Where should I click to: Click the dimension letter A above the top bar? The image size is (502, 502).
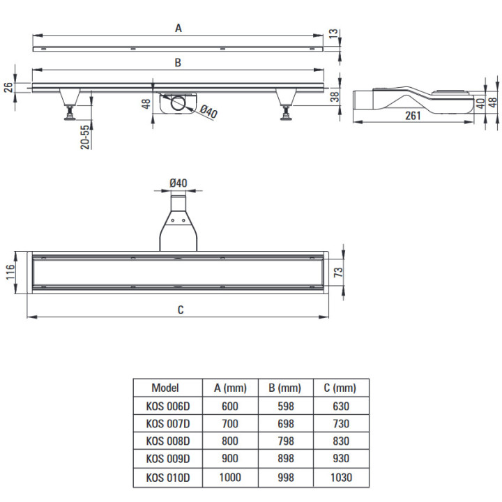178,28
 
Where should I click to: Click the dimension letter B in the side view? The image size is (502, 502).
178,63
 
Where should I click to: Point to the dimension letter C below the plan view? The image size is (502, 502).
181,310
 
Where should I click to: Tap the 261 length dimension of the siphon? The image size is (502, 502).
413,116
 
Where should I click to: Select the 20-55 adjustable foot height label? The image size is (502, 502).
85,137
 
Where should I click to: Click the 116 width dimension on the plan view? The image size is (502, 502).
10,272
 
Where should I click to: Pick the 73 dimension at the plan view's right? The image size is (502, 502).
338,272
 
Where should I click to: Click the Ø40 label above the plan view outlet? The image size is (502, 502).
178,183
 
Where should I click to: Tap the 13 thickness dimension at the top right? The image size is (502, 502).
333,33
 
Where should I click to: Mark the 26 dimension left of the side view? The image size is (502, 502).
8,87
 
